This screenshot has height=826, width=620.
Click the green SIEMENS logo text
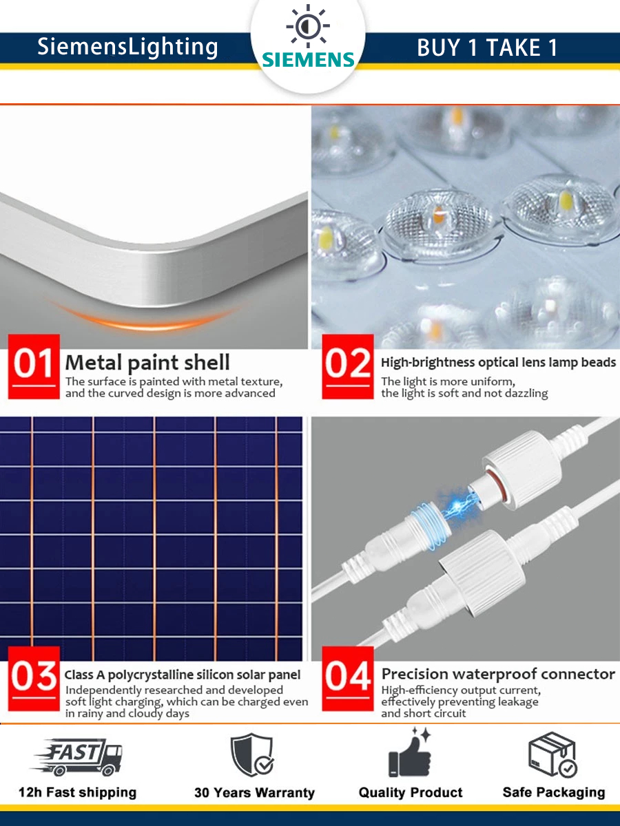(308, 59)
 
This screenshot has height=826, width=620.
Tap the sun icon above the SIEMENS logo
(308, 26)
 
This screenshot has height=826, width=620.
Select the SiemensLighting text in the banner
(127, 47)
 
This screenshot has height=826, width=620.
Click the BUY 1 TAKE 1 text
(487, 47)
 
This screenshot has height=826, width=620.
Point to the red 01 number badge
(34, 366)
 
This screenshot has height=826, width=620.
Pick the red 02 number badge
(348, 366)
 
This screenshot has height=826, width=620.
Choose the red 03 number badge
(34, 679)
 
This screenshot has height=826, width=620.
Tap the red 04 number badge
(348, 679)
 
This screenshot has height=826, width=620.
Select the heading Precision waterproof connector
(498, 674)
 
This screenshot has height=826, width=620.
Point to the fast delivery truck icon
(78, 757)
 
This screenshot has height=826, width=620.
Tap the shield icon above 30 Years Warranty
(253, 755)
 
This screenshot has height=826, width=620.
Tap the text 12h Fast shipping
(78, 792)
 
